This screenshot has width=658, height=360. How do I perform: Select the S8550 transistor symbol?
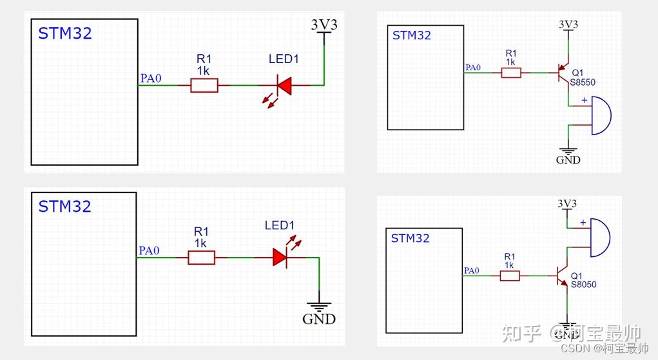(563, 72)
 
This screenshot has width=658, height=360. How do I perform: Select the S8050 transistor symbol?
(562, 276)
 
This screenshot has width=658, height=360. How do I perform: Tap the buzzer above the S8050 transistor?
(599, 238)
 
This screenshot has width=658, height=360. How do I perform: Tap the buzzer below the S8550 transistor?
(601, 115)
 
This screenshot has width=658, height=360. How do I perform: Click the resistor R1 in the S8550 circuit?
(511, 73)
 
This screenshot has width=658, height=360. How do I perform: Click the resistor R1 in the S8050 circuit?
(510, 276)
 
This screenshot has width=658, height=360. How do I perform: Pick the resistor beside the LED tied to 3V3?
(204, 86)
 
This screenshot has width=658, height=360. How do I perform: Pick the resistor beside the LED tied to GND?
(202, 258)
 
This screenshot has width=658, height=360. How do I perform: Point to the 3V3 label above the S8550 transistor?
(568, 24)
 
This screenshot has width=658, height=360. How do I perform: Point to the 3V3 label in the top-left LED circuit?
(324, 25)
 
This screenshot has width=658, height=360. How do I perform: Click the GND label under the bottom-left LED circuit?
(319, 319)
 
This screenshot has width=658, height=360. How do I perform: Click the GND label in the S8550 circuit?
(568, 160)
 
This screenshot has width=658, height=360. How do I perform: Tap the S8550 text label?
(583, 82)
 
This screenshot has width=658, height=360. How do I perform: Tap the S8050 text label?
(584, 285)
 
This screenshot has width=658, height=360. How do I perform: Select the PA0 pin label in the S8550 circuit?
(473, 68)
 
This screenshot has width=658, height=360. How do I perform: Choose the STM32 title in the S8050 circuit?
(411, 238)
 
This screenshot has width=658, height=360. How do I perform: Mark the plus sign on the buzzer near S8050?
(583, 223)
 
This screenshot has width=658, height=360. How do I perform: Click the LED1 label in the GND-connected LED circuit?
(280, 225)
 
